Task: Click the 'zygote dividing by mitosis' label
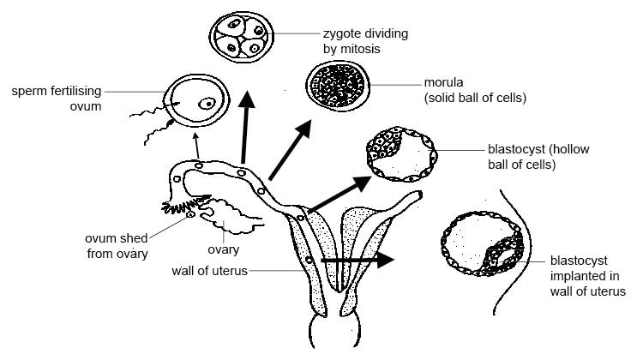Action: click(x=366, y=41)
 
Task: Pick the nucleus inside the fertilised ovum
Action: click(x=208, y=104)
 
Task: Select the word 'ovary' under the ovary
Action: click(x=222, y=250)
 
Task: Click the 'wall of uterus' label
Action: click(x=209, y=272)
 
